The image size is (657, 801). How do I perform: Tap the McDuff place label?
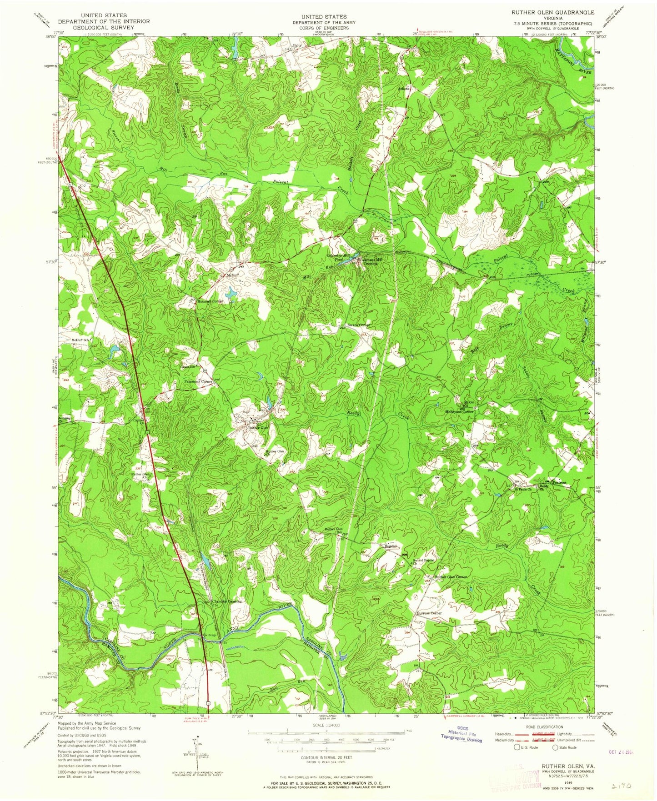pyautogui.click(x=232, y=275)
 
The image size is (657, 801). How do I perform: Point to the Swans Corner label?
pyautogui.click(x=359, y=325)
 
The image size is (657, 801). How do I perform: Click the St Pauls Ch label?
pyautogui.click(x=523, y=490)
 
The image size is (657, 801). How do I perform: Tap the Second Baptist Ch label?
pyautogui.click(x=424, y=561)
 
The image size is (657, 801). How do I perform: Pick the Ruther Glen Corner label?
pyautogui.click(x=451, y=577)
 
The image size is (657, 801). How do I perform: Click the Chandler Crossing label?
pyautogui.click(x=226, y=601)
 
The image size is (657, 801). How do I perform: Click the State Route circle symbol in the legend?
pyautogui.click(x=555, y=747)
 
